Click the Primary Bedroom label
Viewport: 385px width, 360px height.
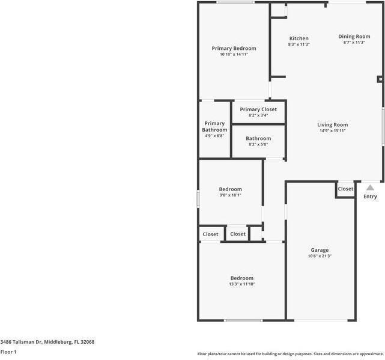pyautogui.click(x=234, y=49)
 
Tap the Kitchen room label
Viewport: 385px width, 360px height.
pyautogui.click(x=299, y=38)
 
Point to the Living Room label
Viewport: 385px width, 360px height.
pyautogui.click(x=332, y=125)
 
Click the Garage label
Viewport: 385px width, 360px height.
pyautogui.click(x=319, y=250)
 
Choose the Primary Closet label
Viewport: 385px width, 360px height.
pyautogui.click(x=258, y=109)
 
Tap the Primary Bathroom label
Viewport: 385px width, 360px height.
pyautogui.click(x=214, y=127)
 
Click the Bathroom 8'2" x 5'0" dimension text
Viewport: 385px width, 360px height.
pyautogui.click(x=258, y=144)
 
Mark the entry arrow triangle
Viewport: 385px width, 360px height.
pyautogui.click(x=370, y=188)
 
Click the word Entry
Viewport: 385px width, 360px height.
pyautogui.click(x=370, y=197)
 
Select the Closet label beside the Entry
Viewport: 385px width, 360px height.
pyautogui.click(x=345, y=189)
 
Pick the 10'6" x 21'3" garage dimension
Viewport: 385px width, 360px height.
pyautogui.click(x=319, y=256)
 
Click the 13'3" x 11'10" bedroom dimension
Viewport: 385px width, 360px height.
pyautogui.click(x=241, y=284)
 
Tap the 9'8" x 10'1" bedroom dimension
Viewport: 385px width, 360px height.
pyautogui.click(x=230, y=195)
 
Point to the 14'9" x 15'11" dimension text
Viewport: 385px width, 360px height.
pyautogui.click(x=332, y=131)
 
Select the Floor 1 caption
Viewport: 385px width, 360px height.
pyautogui.click(x=8, y=352)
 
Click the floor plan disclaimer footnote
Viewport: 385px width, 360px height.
pyautogui.click(x=290, y=354)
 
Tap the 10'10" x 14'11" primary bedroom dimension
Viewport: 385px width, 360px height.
pyautogui.click(x=234, y=55)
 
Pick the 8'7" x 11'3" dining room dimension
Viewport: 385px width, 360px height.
pyautogui.click(x=354, y=43)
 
